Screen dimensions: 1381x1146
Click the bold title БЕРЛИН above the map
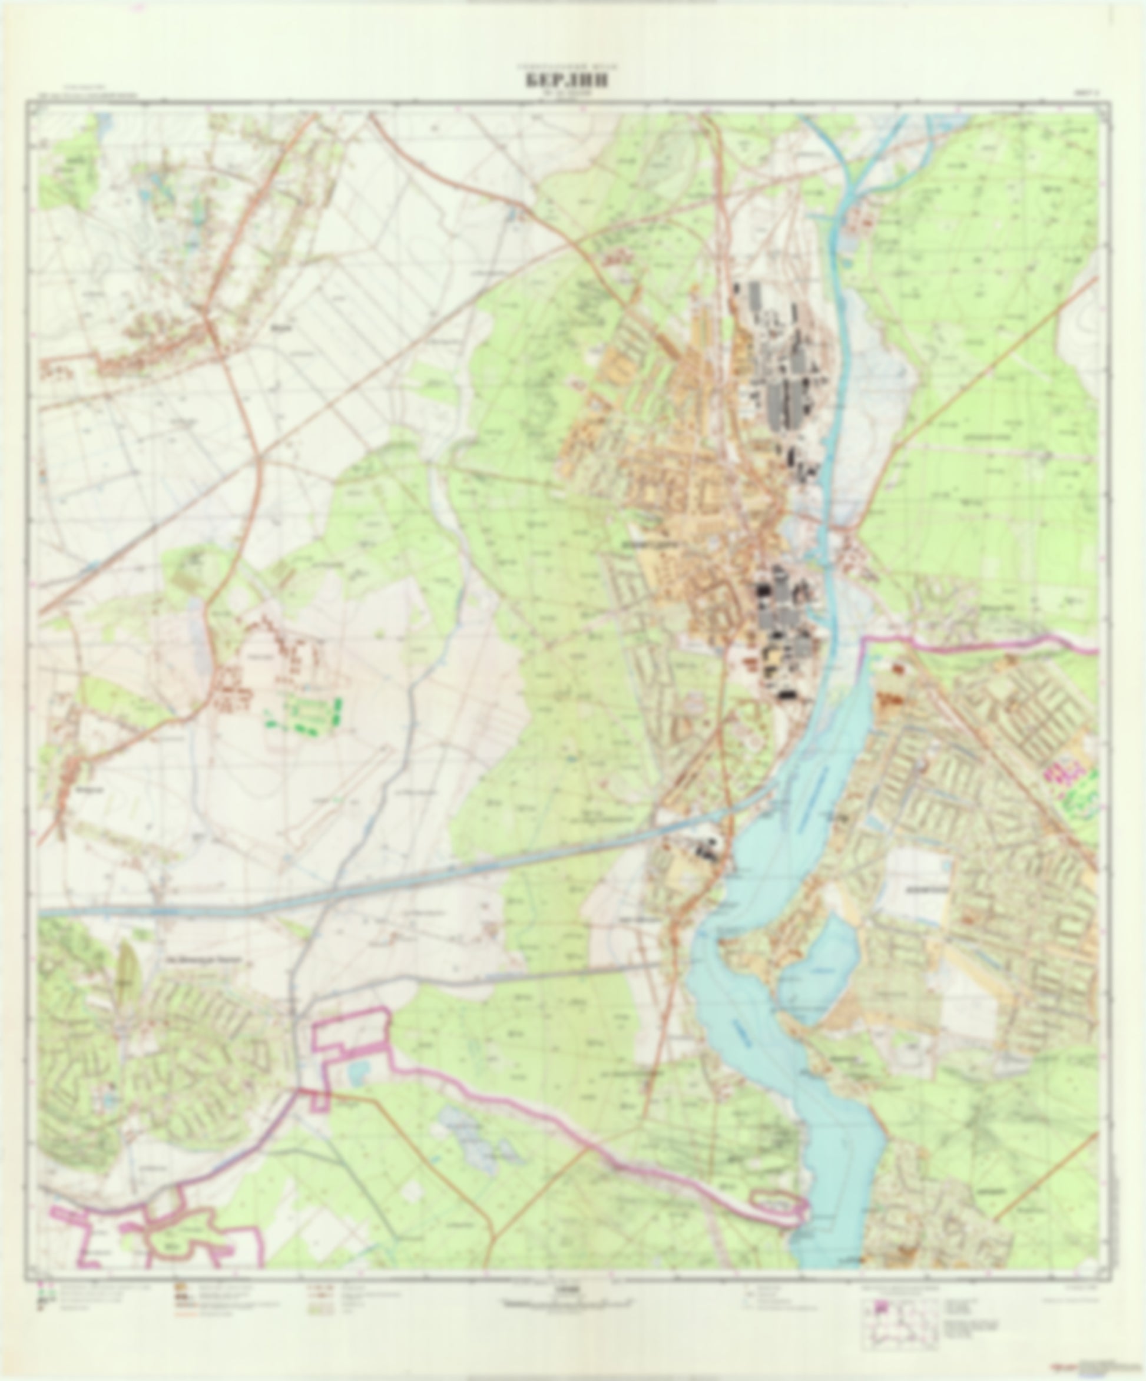pos(566,80)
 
